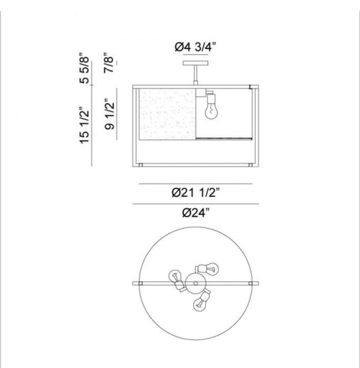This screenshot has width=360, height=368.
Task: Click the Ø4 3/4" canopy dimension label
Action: point(194,47)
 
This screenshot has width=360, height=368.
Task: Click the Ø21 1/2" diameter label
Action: point(195,193)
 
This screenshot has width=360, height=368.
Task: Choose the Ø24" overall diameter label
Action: point(195,213)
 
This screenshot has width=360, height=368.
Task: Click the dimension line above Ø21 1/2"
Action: point(195,183)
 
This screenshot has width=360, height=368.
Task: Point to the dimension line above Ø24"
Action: point(195,203)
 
